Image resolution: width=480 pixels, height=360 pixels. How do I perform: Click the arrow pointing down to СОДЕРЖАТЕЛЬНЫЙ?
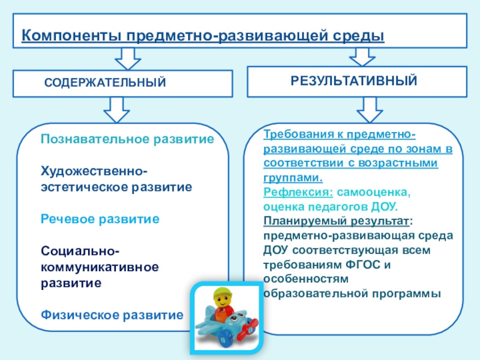pos(127,59)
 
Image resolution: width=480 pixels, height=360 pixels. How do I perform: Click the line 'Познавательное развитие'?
pos(127,139)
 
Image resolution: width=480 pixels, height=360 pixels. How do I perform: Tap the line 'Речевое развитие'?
pos(100,219)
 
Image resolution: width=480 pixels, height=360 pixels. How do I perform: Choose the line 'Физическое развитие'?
pos(112,314)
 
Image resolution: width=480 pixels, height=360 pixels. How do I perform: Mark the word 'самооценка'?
pos(373,193)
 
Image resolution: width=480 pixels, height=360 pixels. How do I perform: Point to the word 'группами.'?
pos(292,178)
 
